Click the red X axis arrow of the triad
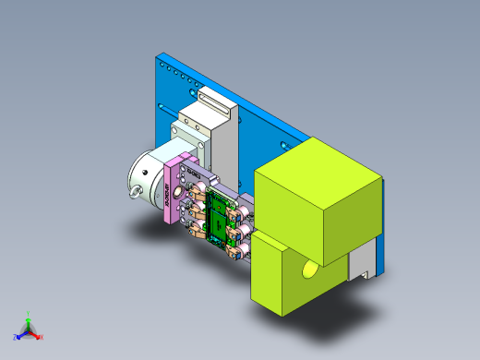39,336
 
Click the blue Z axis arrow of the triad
18,335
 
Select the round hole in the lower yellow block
308,270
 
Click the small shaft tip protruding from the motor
135,192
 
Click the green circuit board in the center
220,214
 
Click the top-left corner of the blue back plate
158,58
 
